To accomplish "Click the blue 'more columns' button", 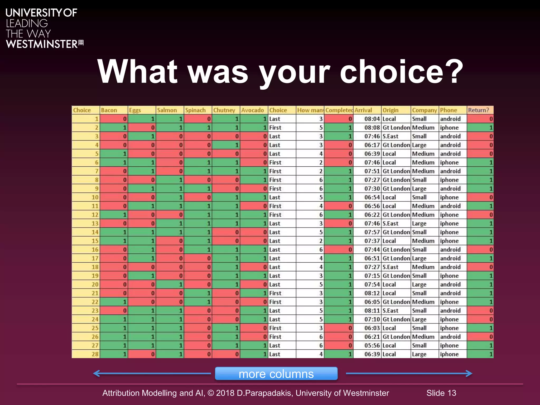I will point(276,373).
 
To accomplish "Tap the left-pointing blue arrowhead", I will point(97,373).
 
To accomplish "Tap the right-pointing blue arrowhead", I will point(469,373).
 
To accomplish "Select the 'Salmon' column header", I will point(167,110).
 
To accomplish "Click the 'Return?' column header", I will point(478,110).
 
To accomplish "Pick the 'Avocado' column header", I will point(252,110).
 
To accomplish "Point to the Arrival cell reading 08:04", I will point(372,119).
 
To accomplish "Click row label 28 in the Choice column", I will point(95,354).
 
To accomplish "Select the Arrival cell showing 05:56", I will point(372,345).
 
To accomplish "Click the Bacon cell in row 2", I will point(114,128).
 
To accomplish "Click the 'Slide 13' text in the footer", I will point(441,393).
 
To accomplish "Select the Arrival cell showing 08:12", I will point(372,293).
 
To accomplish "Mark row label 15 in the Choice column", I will point(95,241).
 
